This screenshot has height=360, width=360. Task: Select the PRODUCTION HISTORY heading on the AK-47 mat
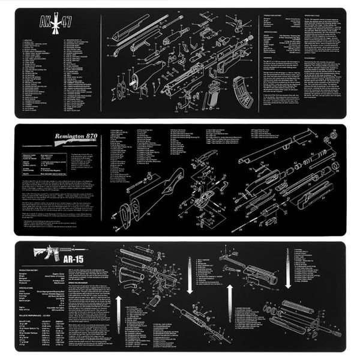(273, 16)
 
